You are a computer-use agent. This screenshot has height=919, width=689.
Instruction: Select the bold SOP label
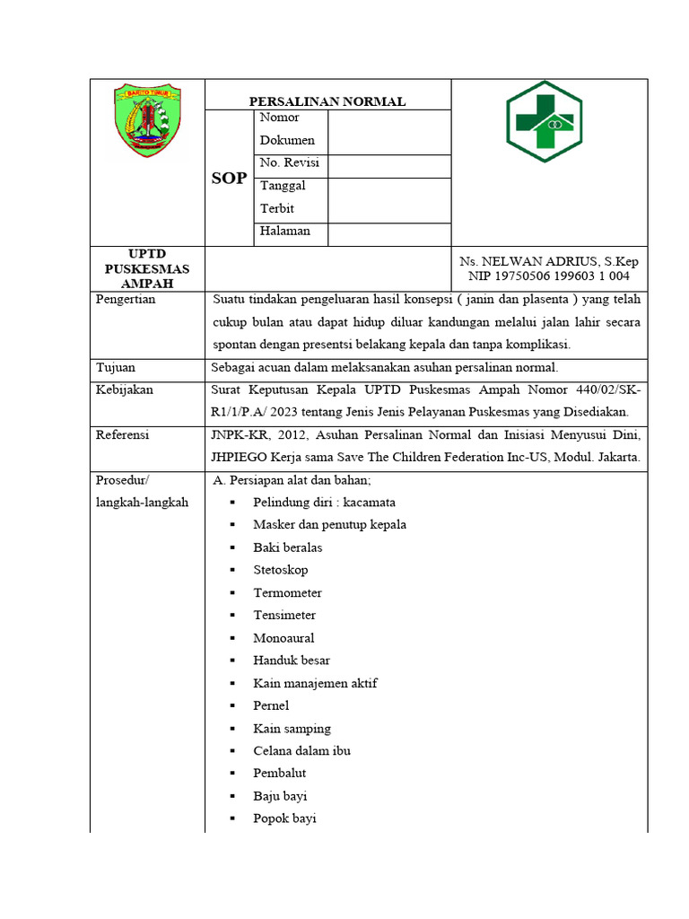pos(229,179)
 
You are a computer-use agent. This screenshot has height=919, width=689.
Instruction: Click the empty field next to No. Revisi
pos(388,165)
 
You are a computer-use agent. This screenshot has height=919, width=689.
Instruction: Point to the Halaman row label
pos(285,232)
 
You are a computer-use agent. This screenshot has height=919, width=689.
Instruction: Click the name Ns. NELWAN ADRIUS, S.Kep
pos(549,261)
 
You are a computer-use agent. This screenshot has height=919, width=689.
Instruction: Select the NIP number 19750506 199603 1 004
pos(549,276)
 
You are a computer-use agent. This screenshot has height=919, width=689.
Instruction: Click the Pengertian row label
pos(126,300)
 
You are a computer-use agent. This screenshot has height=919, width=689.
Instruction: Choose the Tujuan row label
pos(116,367)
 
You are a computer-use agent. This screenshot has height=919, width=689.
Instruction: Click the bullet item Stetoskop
pos(280,570)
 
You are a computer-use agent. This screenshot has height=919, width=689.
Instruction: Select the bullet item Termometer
pos(287,592)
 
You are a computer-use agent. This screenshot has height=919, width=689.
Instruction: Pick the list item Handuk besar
pos(292,661)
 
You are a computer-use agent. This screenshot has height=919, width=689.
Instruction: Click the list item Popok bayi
pos(284,818)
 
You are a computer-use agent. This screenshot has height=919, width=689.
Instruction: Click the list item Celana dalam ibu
pos(301,750)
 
